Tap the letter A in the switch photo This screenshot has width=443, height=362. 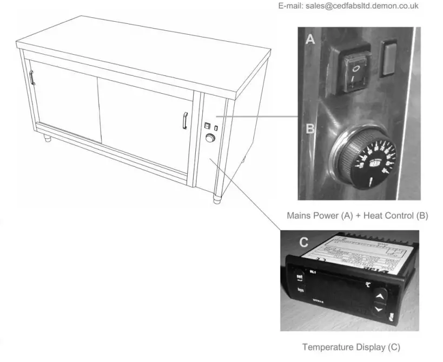(x=310, y=39)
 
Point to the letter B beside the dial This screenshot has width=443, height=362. (x=310, y=129)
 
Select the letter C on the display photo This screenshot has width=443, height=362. (x=303, y=242)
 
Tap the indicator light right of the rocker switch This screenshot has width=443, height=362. (x=389, y=57)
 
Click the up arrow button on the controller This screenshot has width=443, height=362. (x=380, y=296)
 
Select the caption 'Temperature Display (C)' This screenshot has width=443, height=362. (x=351, y=347)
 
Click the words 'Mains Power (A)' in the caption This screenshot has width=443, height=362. (x=320, y=216)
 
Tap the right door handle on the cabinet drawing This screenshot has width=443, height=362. (x=185, y=120)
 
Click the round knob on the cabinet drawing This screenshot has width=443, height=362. (x=209, y=139)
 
